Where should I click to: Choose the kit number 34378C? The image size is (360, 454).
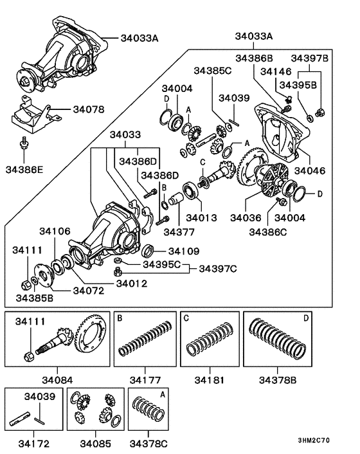tap(151, 444)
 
